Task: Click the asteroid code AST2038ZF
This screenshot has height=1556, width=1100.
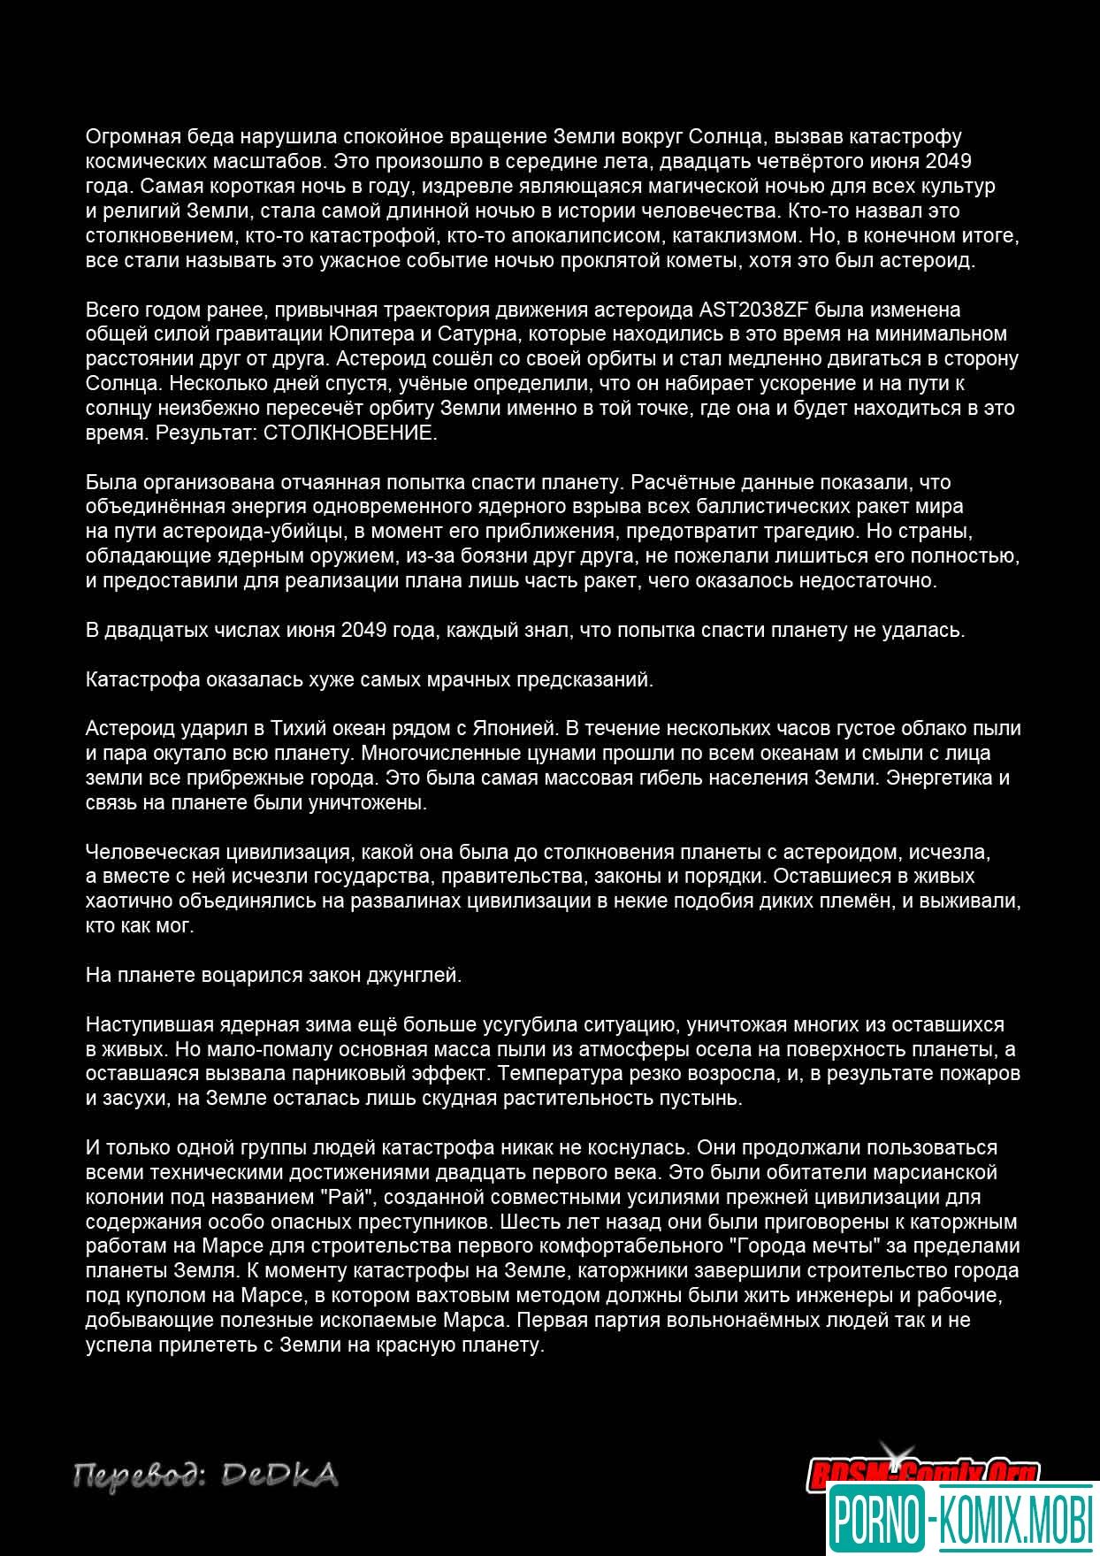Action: [x=756, y=310]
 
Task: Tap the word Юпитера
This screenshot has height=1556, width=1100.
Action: [x=364, y=334]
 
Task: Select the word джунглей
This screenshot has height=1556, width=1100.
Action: [x=416, y=976]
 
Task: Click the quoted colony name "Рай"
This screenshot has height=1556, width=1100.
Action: [x=365, y=1197]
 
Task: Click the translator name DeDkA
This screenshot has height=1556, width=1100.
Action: [x=279, y=1476]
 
